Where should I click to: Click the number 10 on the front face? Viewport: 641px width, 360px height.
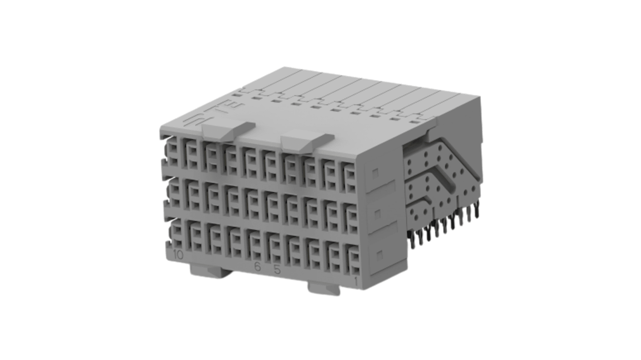click(178, 255)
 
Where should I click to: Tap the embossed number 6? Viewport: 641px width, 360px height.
click(258, 267)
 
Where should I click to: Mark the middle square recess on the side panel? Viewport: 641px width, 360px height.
click(377, 212)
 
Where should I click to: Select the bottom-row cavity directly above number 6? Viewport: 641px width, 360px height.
click(255, 247)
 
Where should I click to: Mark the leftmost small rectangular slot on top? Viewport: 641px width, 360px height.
click(237, 95)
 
